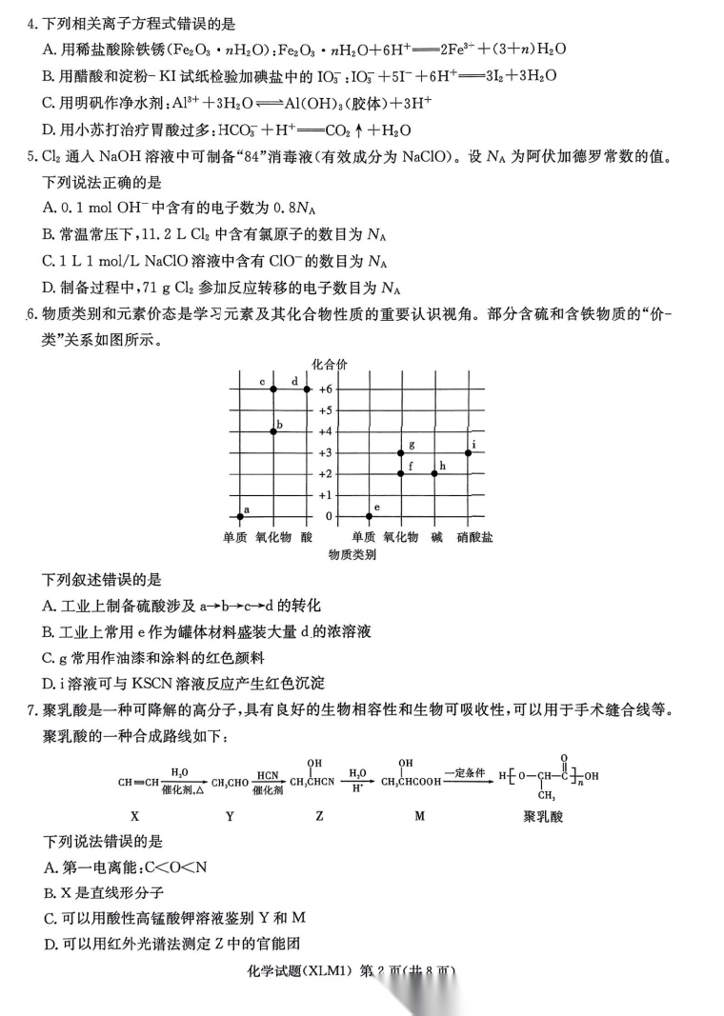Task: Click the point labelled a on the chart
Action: (x=239, y=516)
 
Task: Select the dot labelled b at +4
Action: (x=273, y=431)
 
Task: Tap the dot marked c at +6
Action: (x=273, y=389)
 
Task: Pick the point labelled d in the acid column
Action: (x=307, y=389)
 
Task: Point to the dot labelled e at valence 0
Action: (x=369, y=516)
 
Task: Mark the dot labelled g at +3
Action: (x=401, y=452)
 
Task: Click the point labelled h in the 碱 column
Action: (x=434, y=473)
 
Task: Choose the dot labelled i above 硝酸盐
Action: (x=469, y=452)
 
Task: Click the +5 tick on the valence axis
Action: (x=326, y=410)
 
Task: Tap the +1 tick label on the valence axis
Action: (x=326, y=495)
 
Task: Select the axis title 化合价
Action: (x=330, y=363)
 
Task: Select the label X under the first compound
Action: (x=134, y=816)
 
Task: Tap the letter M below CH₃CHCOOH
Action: (x=419, y=816)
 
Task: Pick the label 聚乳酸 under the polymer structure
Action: (x=543, y=816)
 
